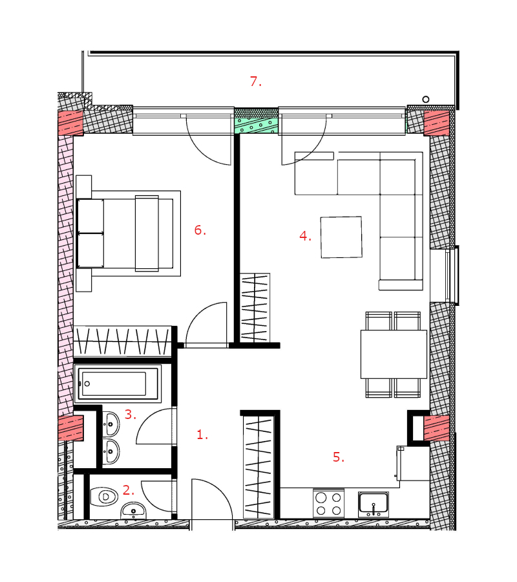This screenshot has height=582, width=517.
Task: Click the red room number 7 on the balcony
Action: pyautogui.click(x=255, y=81)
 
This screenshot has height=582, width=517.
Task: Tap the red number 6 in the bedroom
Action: pyautogui.click(x=200, y=230)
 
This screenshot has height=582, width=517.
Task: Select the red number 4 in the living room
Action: pyautogui.click(x=305, y=236)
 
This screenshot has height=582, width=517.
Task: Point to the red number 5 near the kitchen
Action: pyautogui.click(x=339, y=457)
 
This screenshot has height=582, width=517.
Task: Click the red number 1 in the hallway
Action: pyautogui.click(x=202, y=435)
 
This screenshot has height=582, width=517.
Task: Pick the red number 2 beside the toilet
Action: pyautogui.click(x=129, y=490)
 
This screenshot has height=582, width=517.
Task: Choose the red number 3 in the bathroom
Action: pyautogui.click(x=130, y=415)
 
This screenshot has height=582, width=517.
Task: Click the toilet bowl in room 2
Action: pyautogui.click(x=104, y=496)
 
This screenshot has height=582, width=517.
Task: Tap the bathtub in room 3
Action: pyautogui.click(x=118, y=383)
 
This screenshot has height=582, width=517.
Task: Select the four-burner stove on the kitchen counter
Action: pyautogui.click(x=328, y=503)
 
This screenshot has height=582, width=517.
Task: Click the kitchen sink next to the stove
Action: pyautogui.click(x=374, y=504)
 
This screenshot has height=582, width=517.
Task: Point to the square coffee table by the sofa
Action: pyautogui.click(x=341, y=237)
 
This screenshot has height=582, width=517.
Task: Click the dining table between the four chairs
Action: pyautogui.click(x=394, y=354)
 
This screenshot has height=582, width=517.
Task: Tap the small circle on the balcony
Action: pyautogui.click(x=426, y=99)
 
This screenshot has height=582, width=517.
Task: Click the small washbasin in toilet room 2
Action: pyautogui.click(x=133, y=511)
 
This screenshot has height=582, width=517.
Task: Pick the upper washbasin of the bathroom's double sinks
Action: pyautogui.click(x=111, y=424)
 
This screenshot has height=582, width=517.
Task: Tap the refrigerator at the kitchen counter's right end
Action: pyautogui.click(x=413, y=463)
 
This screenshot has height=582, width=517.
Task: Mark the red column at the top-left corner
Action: pyautogui.click(x=70, y=122)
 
